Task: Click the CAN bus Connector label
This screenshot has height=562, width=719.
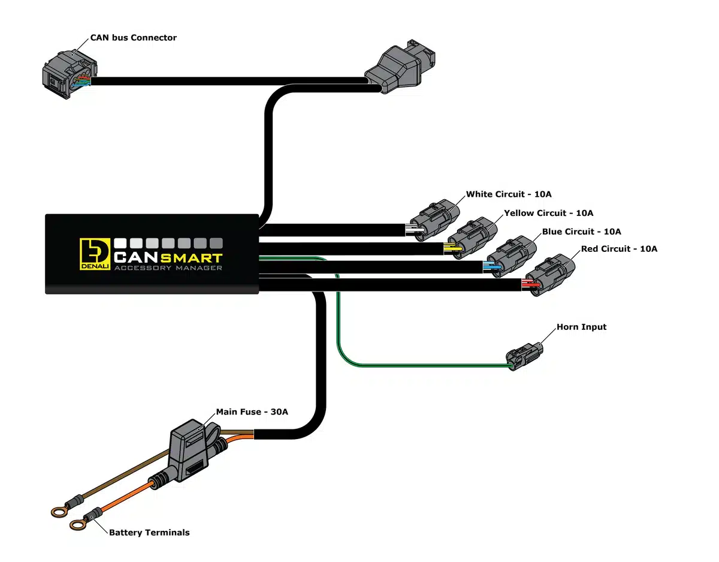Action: (133, 38)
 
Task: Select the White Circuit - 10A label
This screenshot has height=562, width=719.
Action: (509, 194)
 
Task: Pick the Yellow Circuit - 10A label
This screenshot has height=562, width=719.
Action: (548, 213)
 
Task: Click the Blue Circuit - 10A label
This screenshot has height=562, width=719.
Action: (581, 232)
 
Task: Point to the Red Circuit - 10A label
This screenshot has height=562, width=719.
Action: (619, 249)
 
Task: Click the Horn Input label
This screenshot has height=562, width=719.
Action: (581, 327)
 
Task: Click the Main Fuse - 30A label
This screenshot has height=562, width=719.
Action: (252, 412)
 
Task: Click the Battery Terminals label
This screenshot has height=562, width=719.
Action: (149, 532)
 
